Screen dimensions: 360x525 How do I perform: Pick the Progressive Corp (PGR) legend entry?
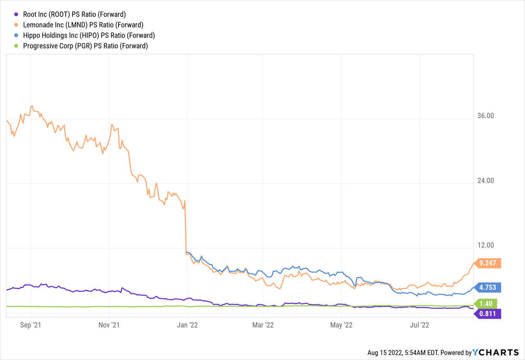pyautogui.click(x=86, y=46)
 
